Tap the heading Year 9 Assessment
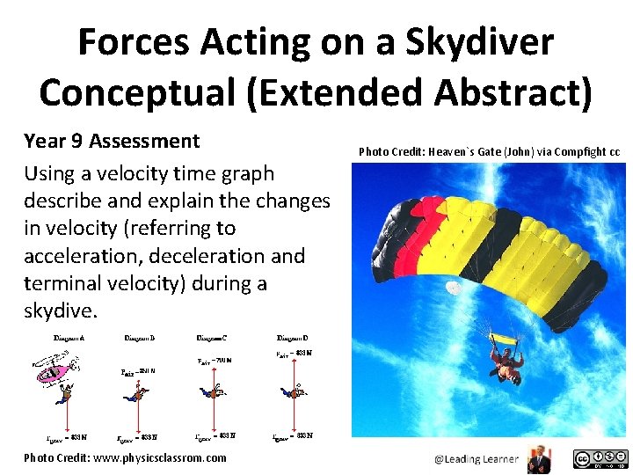pyautogui.click(x=112, y=141)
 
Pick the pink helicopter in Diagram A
pyautogui.click(x=54, y=372)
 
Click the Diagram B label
pyautogui.click(x=141, y=338)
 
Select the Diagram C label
pyautogui.click(x=212, y=338)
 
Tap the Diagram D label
pyautogui.click(x=293, y=338)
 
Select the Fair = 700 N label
pyautogui.click(x=215, y=360)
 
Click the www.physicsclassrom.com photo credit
pyautogui.click(x=125, y=457)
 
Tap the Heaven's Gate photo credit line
pyautogui.click(x=489, y=152)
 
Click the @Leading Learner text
pyautogui.click(x=475, y=458)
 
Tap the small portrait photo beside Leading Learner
pyautogui.click(x=535, y=458)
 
